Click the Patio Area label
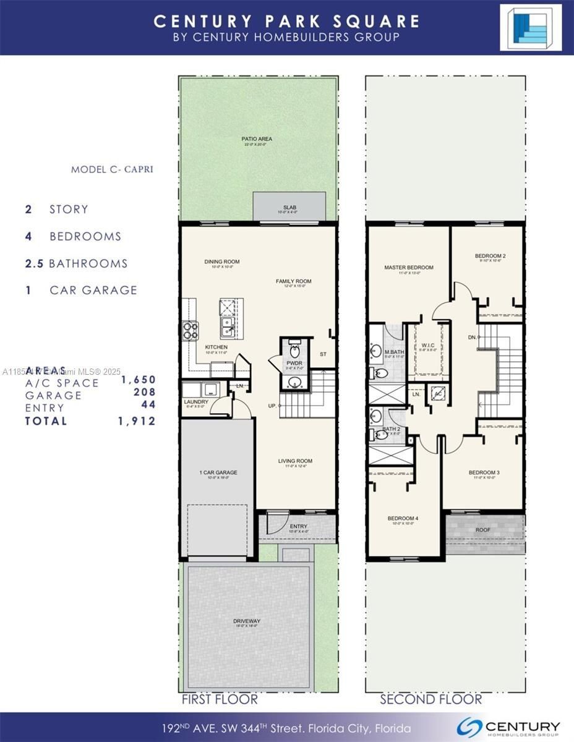(257, 139)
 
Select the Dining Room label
(221, 262)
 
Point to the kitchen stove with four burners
(189, 331)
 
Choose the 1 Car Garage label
(218, 472)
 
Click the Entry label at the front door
(298, 526)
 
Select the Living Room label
(294, 461)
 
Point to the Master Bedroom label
(408, 268)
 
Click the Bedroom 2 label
(490, 255)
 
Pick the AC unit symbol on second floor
(438, 394)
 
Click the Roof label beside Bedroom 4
(484, 530)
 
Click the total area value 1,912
(137, 421)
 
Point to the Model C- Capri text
(112, 169)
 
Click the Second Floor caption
(430, 699)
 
